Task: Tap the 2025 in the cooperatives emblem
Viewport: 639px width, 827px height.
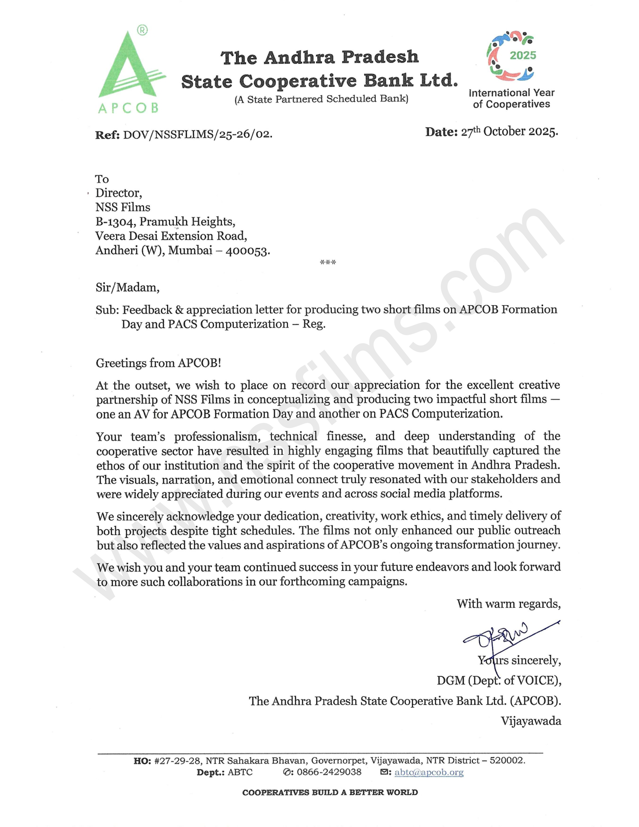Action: tap(522, 56)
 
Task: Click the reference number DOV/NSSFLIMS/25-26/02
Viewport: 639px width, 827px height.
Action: tap(197, 134)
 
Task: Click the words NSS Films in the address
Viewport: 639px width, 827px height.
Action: tap(123, 207)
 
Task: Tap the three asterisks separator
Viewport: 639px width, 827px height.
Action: tap(328, 262)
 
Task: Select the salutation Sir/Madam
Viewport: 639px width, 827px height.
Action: tap(128, 287)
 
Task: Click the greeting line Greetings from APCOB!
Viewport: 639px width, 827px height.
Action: tap(158, 363)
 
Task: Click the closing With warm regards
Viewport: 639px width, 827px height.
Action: tap(508, 604)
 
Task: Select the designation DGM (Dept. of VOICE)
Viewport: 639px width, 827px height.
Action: tap(499, 680)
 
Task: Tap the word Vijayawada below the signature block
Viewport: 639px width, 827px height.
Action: tap(531, 720)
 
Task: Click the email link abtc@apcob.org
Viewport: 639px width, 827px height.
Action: tap(429, 772)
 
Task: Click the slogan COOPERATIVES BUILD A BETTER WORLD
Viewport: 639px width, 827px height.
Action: tap(330, 792)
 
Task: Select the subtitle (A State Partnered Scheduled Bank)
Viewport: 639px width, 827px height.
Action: tap(322, 99)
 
